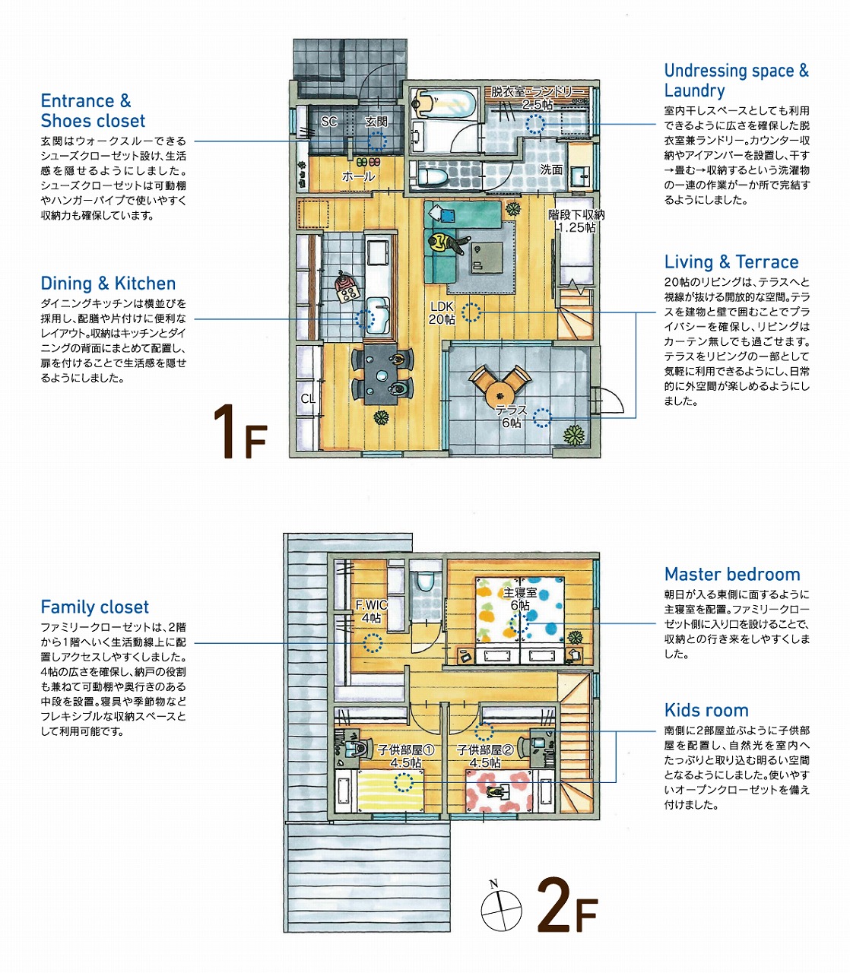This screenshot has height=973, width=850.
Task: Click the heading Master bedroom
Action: coord(732,575)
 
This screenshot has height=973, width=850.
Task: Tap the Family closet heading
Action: coord(95,607)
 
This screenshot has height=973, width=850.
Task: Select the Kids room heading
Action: coord(706,711)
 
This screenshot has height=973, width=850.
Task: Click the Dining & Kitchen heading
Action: coord(108,284)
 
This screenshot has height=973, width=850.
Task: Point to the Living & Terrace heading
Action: coord(731,262)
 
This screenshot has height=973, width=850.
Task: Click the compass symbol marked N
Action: coord(501,910)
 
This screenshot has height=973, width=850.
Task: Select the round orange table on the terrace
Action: coord(499,393)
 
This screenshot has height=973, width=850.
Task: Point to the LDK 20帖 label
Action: coord(442,313)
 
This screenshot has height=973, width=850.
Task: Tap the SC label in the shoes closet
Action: coord(328,122)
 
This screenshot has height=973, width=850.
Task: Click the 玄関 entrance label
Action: coord(376,122)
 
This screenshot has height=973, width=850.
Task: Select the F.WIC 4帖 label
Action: coord(372,612)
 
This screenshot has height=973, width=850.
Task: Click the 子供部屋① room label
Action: coord(406,750)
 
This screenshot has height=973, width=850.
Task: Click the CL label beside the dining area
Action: coord(308,399)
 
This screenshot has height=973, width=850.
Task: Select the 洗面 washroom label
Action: coord(551,170)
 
